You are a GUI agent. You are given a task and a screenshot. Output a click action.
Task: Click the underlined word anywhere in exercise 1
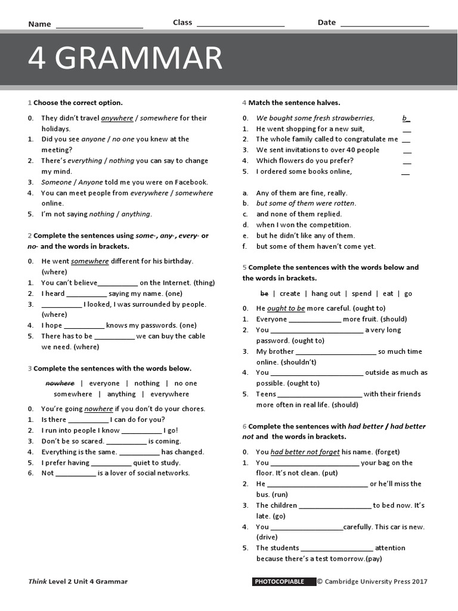pos(117,118)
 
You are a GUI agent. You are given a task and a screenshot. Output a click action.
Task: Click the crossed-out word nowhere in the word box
pos(60,383)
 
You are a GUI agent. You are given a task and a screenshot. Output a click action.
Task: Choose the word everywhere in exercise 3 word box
pos(169,394)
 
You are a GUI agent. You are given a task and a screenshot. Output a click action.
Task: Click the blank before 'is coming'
pos(126,442)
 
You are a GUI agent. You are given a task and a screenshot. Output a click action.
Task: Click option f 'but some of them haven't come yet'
pos(316,246)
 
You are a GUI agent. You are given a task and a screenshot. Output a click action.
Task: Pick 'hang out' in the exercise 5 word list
pos(326,294)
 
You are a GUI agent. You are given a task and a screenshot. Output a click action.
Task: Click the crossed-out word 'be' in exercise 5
pos(265,294)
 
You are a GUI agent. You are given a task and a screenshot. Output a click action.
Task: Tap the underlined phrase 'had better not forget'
pos(305,452)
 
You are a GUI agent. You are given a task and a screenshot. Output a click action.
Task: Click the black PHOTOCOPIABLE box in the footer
pos(283,582)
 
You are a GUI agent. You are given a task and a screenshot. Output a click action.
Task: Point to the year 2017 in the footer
pos(419,582)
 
